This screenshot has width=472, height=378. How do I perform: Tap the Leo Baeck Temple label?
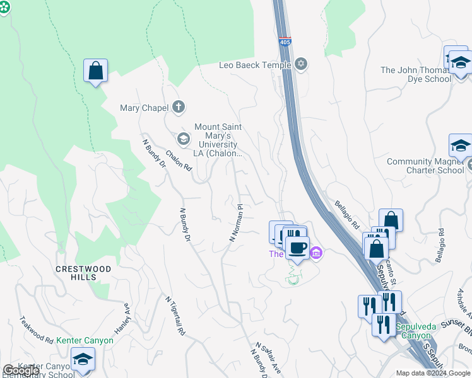(x=255, y=65)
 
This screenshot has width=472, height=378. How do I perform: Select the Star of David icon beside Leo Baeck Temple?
(x=301, y=64)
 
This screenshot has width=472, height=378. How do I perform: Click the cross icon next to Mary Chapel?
(x=179, y=107)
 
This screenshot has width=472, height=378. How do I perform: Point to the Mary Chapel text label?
(x=145, y=108)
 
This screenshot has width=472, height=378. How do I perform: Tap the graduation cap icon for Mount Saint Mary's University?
(x=184, y=139)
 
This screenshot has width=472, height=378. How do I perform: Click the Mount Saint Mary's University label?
(x=218, y=140)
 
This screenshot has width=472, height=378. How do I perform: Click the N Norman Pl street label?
(x=235, y=222)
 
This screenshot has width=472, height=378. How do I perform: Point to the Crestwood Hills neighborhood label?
(x=83, y=273)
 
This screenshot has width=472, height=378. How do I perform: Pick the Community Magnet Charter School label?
(x=425, y=166)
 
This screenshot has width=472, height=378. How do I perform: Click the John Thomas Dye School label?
(x=416, y=74)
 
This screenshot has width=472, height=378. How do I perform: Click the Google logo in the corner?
(x=21, y=370)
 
